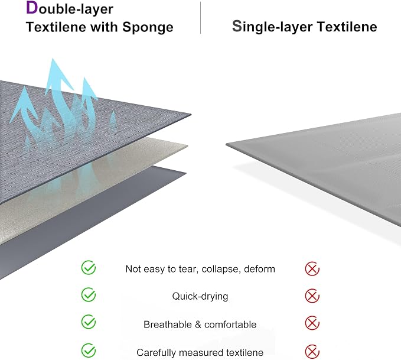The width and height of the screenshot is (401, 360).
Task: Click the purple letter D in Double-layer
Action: [32, 8]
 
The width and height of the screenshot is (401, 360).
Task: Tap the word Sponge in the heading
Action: [148, 28]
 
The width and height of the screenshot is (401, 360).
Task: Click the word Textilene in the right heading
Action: [347, 27]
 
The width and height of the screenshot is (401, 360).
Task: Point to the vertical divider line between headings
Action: [201, 18]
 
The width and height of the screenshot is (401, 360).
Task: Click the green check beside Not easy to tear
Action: [89, 268]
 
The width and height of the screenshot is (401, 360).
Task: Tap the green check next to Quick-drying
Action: [89, 295]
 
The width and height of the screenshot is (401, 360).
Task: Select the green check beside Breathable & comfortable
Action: [89, 322]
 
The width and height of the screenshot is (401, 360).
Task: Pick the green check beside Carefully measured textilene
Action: [89, 351]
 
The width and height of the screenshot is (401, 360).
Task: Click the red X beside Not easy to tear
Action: [312, 269]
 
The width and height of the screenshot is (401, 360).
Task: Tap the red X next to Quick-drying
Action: [312, 296]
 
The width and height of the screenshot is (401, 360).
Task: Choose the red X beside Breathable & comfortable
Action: [312, 323]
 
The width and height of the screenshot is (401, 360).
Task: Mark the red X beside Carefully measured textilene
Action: [312, 352]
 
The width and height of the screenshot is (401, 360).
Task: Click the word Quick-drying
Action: [200, 297]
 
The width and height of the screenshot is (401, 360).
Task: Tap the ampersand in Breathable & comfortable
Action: [198, 325]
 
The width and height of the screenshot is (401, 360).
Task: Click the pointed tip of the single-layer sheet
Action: [226, 144]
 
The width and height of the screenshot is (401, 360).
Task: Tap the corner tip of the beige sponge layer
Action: [188, 146]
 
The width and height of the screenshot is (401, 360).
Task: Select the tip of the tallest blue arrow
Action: [53, 59]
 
